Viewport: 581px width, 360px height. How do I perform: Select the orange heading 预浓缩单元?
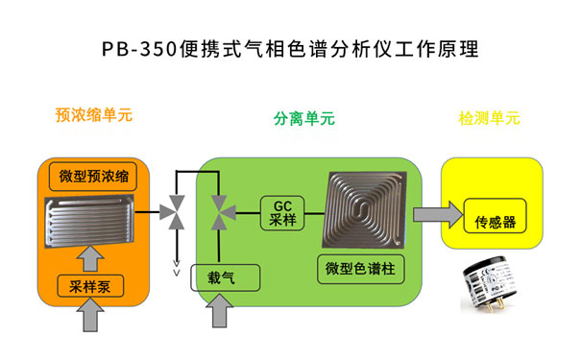tap(94, 115)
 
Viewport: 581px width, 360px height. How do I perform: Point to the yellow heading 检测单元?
tap(489, 119)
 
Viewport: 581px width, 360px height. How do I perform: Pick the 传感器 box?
tap(496, 222)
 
